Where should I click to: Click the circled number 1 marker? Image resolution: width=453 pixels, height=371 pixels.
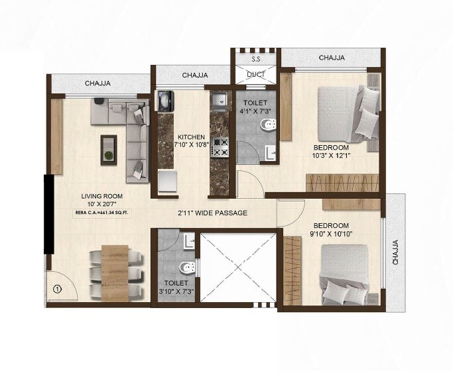tap(58, 289)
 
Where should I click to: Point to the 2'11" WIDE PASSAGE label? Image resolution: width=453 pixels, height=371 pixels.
tap(212, 213)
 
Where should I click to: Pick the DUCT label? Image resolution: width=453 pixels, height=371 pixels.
tap(255, 74)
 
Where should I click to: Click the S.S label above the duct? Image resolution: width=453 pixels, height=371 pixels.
tap(255, 60)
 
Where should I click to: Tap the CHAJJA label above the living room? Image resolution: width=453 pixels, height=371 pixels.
tap(97, 83)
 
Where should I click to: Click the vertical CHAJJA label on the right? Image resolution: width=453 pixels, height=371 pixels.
tap(396, 252)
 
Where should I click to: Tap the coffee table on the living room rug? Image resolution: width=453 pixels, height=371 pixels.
tap(106, 147)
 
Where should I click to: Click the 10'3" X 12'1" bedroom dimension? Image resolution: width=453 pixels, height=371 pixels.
tap(331, 157)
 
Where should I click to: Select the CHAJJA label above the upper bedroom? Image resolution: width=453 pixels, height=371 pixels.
tap(332, 58)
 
